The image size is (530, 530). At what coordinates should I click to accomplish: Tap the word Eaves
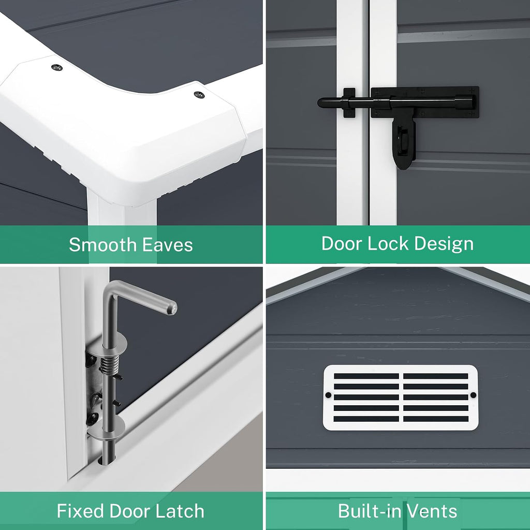[167, 245]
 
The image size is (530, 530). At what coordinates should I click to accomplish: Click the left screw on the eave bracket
[57, 67]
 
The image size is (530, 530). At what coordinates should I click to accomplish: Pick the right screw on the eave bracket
[199, 95]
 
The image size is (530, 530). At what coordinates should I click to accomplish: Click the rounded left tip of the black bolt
[321, 102]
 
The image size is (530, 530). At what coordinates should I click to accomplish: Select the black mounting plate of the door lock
[425, 102]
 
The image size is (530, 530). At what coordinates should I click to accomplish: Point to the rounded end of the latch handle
[172, 307]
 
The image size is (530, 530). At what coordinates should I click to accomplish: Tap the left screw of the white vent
[328, 395]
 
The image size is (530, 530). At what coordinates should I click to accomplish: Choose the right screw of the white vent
[473, 395]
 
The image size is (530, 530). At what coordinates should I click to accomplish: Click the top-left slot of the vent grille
[366, 376]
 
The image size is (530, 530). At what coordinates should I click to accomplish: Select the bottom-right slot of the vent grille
[436, 419]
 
